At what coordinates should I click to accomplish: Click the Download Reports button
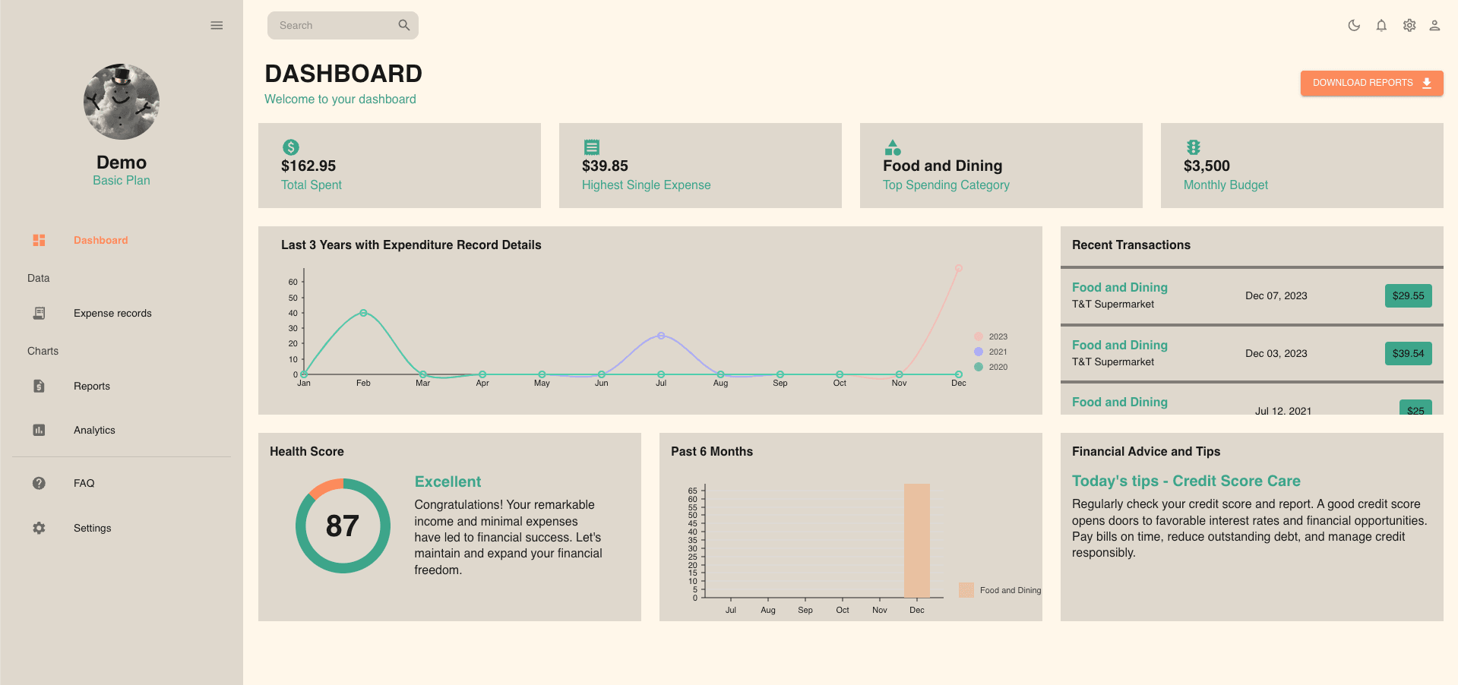[x=1371, y=83]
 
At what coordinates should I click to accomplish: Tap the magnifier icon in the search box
[x=403, y=25]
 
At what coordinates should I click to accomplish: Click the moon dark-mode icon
[x=1353, y=25]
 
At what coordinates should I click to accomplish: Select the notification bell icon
[x=1381, y=25]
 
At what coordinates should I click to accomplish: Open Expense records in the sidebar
[x=112, y=313]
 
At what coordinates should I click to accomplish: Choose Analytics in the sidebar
[x=94, y=430]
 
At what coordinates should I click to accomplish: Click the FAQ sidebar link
[x=84, y=483]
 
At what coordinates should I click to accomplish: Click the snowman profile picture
[x=122, y=102]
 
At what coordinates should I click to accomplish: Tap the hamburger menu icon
[x=217, y=25]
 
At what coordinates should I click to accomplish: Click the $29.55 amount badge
[x=1408, y=295]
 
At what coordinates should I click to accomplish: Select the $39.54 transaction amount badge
[x=1408, y=353]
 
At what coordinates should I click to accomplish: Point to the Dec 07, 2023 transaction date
[x=1276, y=295]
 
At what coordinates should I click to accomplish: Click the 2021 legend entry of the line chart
[x=991, y=352]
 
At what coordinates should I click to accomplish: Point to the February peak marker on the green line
[x=363, y=313]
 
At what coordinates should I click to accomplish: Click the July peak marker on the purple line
[x=661, y=336]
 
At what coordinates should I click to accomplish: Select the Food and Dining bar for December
[x=916, y=540]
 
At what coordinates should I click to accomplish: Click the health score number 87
[x=343, y=526]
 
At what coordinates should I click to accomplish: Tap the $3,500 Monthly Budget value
[x=1207, y=166]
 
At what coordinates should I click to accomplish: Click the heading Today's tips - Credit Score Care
[x=1185, y=481]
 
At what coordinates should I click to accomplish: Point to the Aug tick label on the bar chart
[x=768, y=610]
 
